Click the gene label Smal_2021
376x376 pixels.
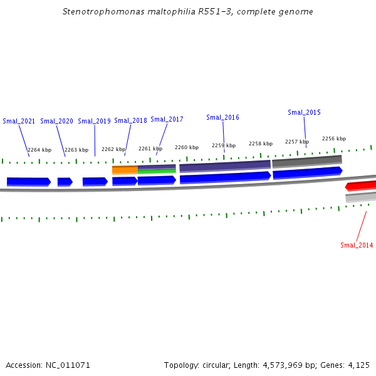tap(19, 121)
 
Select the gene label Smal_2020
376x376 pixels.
tap(56, 121)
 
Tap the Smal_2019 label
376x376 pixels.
tap(94, 121)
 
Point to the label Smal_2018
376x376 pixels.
tap(130, 120)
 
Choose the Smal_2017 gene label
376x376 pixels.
tap(167, 119)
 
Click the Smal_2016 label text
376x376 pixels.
tap(222, 117)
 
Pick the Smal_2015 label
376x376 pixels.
tap(304, 112)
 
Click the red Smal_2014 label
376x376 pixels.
tap(357, 245)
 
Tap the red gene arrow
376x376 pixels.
tap(361, 186)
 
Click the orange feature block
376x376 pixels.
tap(125, 169)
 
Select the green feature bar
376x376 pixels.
tap(157, 171)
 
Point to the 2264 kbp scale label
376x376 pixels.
tap(39, 150)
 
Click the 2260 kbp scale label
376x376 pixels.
tap(187, 147)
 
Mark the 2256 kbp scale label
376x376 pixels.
tap(334, 138)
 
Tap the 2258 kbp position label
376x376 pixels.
tap(261, 144)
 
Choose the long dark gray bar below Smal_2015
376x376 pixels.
tap(307, 161)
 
